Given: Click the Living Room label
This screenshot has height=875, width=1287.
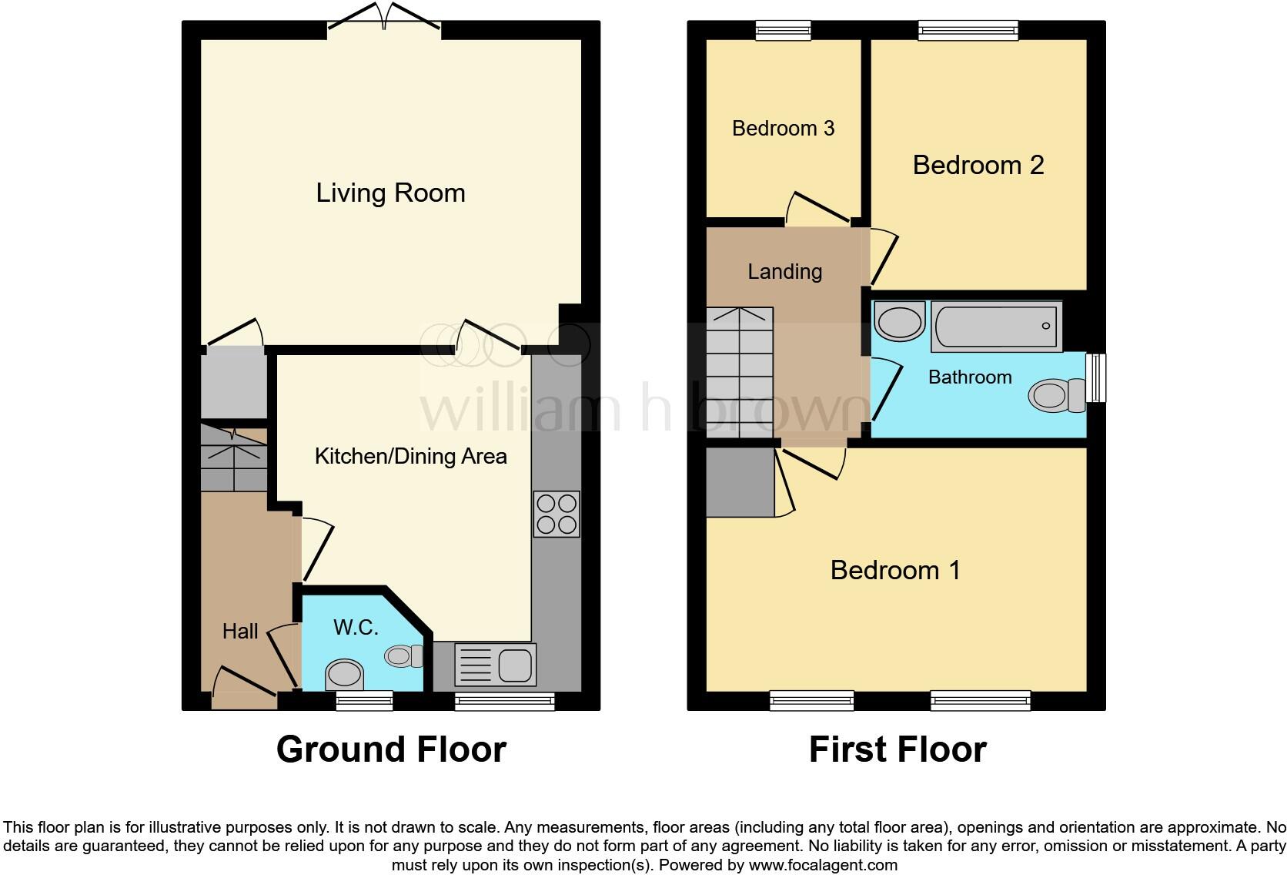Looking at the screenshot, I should point(390,193).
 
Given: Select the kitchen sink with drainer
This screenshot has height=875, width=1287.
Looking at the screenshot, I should point(495,664).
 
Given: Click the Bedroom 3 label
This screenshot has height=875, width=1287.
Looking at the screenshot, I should point(783,128).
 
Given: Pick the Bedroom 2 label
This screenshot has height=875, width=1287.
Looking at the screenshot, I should point(978,165).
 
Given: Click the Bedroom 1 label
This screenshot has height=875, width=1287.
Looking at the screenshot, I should point(895,570).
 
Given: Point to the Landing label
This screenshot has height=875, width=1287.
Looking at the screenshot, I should point(784,271).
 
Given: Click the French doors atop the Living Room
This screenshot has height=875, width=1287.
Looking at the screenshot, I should point(384,20).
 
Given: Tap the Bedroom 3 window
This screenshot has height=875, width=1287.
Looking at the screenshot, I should point(783,30).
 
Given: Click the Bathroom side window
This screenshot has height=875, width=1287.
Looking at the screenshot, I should point(1096,377).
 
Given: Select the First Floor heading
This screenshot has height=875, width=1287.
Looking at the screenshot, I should point(897,749).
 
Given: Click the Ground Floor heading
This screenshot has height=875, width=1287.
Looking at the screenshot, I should point(390,749).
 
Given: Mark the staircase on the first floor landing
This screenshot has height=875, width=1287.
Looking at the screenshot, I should point(740,374).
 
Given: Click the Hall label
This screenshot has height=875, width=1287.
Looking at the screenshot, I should point(239,632).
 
